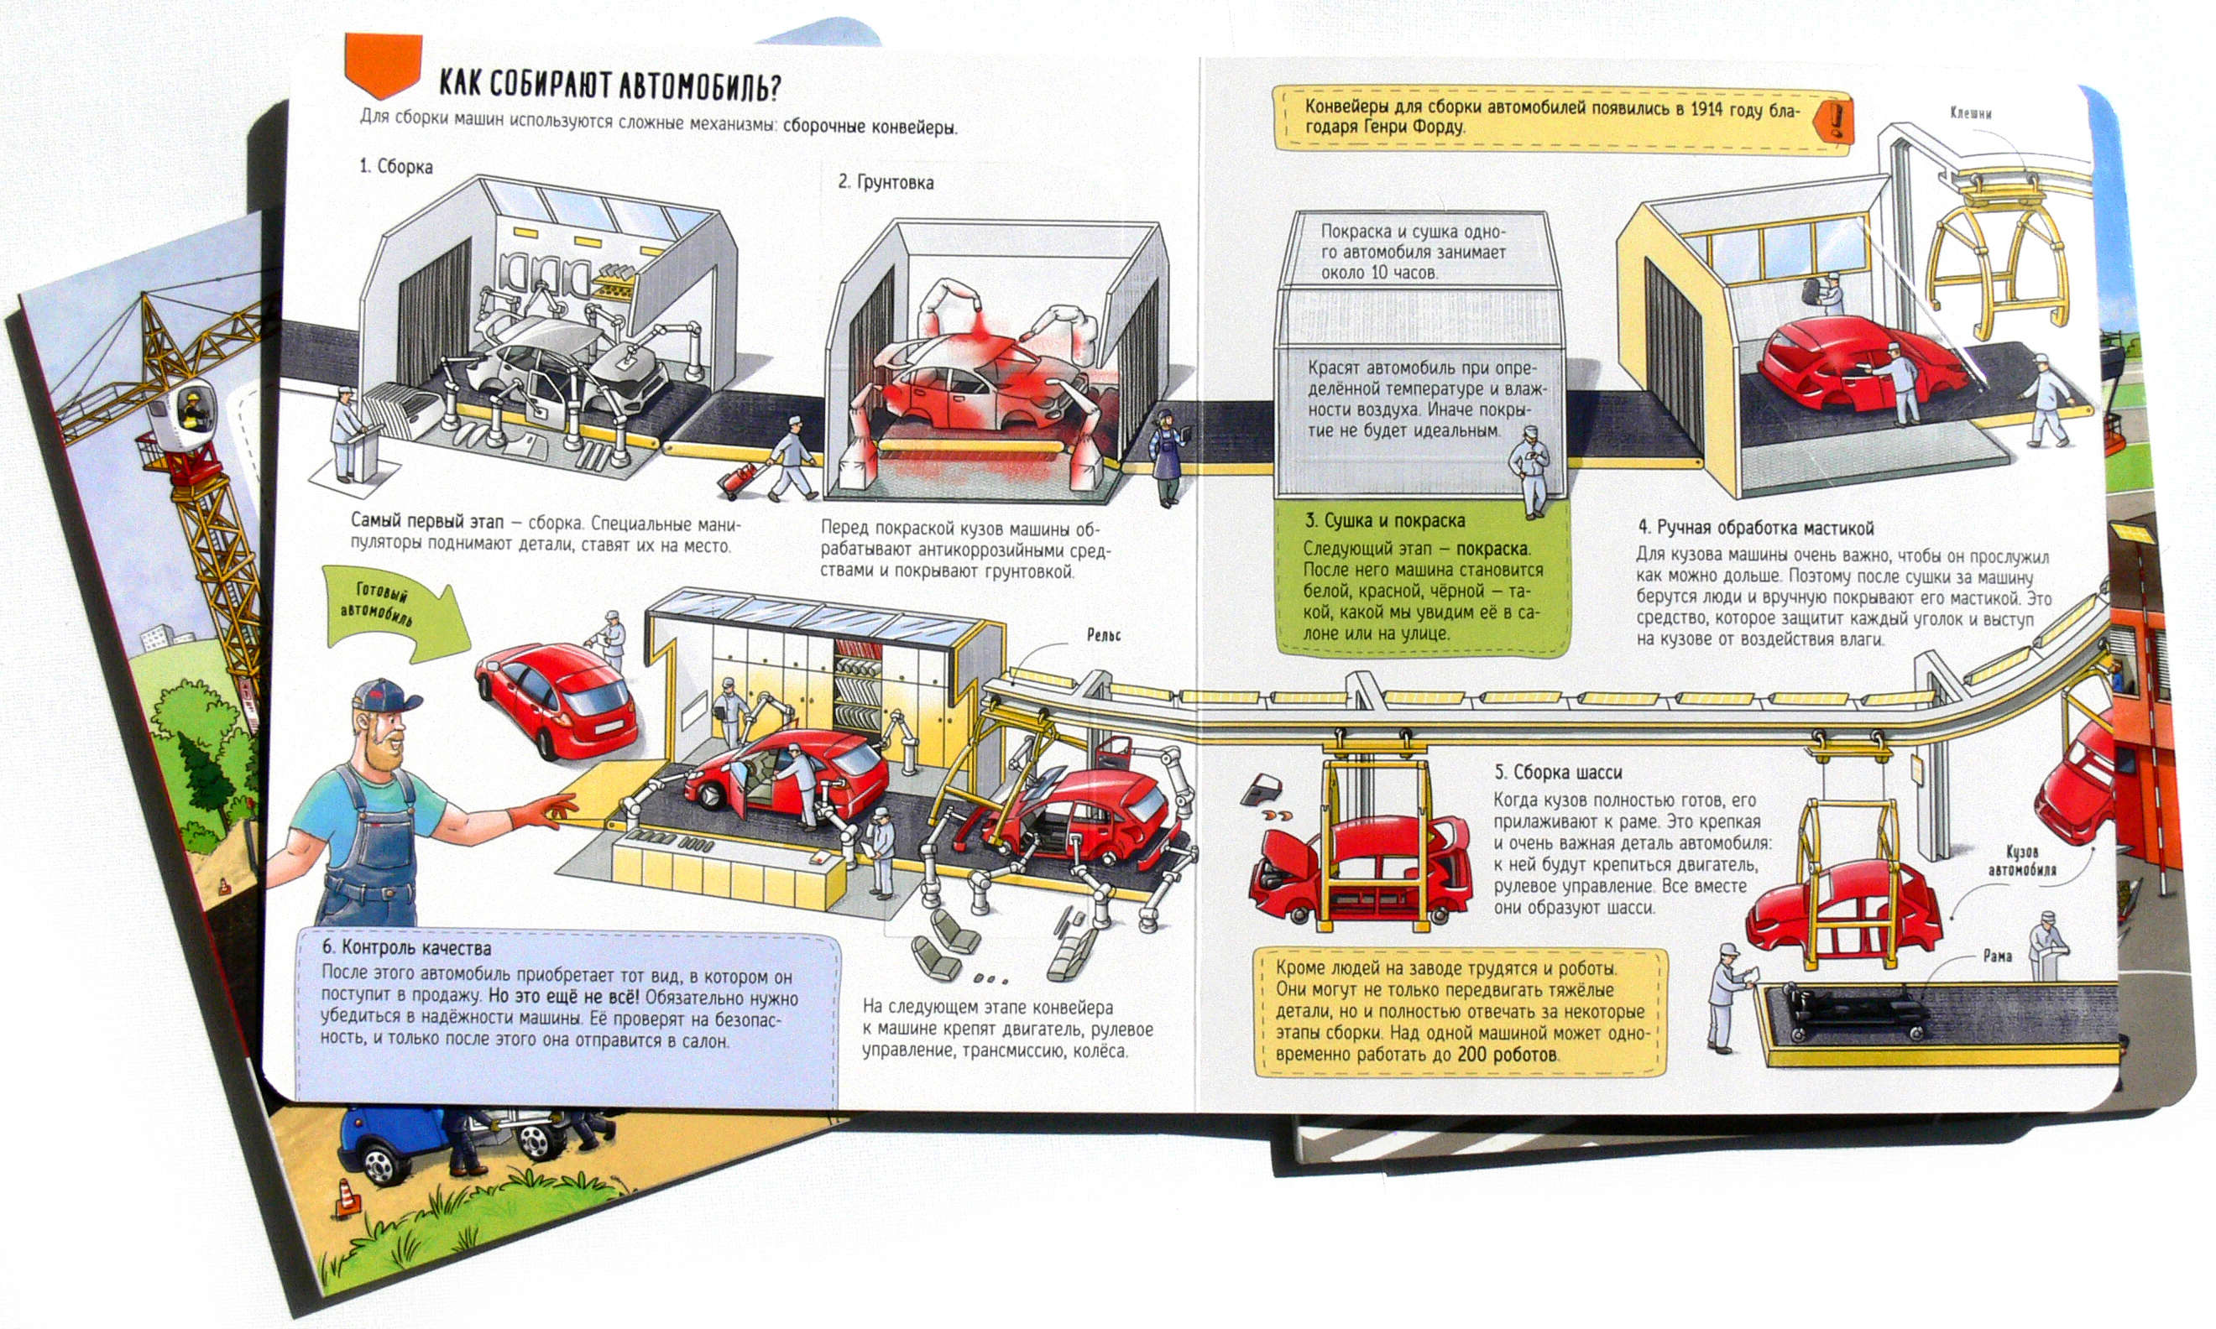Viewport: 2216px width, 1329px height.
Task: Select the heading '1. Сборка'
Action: coord(396,167)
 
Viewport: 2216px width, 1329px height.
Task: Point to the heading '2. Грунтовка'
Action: coord(885,183)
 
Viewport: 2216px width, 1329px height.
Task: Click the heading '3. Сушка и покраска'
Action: coord(1384,521)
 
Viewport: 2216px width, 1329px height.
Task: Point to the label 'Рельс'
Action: coord(1104,635)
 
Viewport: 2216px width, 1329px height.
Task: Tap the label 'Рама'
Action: coord(1998,956)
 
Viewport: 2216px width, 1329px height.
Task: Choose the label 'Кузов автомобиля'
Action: coord(2021,861)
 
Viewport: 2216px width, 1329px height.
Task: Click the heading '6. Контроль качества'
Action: coord(406,947)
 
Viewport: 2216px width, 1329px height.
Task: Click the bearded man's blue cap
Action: coord(385,694)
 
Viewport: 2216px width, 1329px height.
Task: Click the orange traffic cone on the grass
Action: coord(348,1198)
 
